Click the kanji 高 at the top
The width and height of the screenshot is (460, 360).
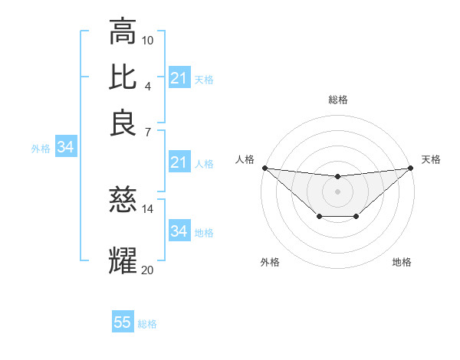tap(123, 32)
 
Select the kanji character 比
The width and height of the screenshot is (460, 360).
tap(123, 77)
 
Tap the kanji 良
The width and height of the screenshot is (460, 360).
tap(123, 123)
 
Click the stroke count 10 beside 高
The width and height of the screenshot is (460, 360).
tap(148, 40)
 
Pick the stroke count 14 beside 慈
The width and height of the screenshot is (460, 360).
tap(148, 208)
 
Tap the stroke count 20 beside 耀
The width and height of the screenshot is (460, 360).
tap(148, 269)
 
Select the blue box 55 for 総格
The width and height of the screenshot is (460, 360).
tap(123, 322)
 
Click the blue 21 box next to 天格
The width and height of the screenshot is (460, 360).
tap(179, 78)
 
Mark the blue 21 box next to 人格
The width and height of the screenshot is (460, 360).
tap(179, 162)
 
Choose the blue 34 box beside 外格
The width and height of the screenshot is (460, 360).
tap(65, 147)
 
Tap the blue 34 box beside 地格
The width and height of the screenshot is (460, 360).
tap(179, 231)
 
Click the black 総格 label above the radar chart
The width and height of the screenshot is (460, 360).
tap(338, 100)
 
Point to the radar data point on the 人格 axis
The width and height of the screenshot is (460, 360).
tap(264, 168)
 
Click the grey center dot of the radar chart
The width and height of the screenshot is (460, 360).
tap(338, 191)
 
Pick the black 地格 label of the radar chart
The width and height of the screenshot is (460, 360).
tap(402, 263)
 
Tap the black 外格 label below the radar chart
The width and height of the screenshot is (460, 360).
tap(271, 263)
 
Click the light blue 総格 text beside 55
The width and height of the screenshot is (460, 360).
tap(148, 324)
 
